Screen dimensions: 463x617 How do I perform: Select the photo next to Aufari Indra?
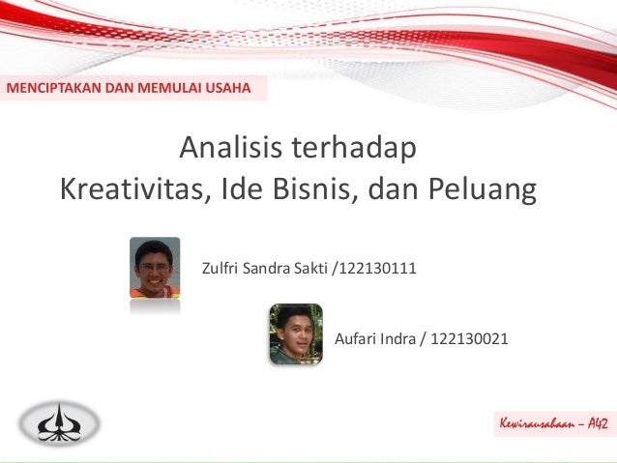(x=296, y=333)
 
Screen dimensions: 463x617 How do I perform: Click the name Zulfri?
(x=220, y=266)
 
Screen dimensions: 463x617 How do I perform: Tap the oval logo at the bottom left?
(x=62, y=422)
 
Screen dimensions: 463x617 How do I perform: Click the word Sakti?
(x=309, y=266)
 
